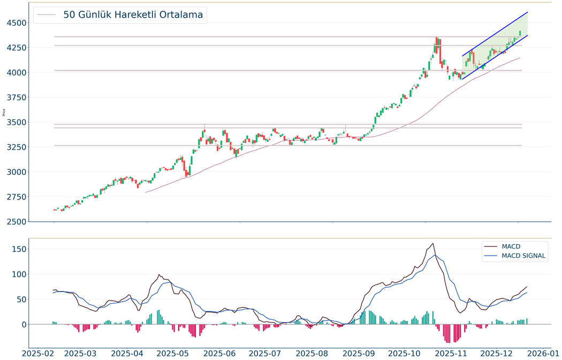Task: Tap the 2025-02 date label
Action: tap(37, 354)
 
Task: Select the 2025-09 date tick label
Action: tap(358, 354)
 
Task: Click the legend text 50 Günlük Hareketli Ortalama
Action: tap(133, 15)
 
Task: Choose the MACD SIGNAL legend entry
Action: tap(523, 256)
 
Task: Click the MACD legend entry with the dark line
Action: tap(511, 247)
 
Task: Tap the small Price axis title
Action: tap(4, 112)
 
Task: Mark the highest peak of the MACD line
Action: tap(432, 243)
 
